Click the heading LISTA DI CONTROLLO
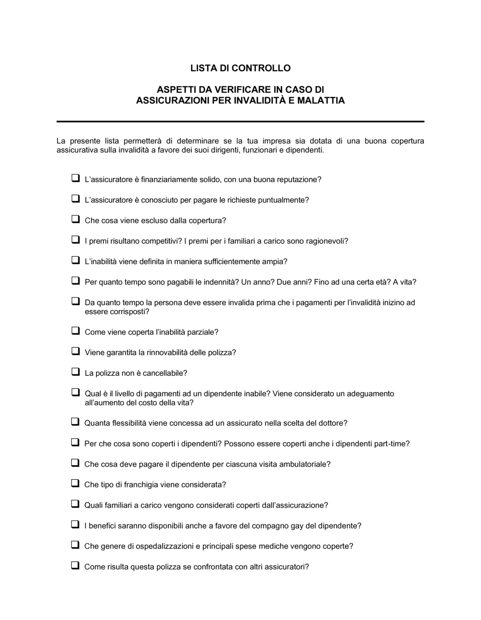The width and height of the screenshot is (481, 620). point(240,68)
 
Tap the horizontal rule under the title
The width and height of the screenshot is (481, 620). point(240,122)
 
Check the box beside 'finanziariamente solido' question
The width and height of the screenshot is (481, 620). point(76,178)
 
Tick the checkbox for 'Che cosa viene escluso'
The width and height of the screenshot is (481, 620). point(76,219)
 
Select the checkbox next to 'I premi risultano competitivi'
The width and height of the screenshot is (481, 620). point(76,239)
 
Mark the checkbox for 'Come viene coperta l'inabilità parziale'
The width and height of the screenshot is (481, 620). point(76,331)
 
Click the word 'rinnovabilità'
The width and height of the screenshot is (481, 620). point(167,353)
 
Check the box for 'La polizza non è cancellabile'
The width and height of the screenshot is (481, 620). point(76,372)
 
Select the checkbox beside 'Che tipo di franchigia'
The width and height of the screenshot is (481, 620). point(76,483)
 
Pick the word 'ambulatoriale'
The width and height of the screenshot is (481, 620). point(306,464)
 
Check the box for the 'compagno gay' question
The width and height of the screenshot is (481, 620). point(76,524)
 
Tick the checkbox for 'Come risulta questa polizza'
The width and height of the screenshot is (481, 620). point(76,565)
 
